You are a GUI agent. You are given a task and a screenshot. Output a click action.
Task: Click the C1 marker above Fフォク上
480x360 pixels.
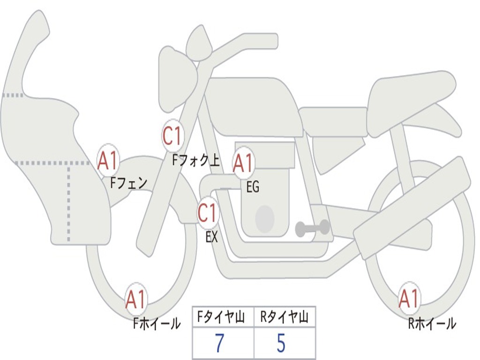(173, 136)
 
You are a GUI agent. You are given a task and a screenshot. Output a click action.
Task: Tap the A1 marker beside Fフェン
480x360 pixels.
(108, 161)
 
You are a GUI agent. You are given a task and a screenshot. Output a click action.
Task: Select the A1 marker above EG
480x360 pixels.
(243, 163)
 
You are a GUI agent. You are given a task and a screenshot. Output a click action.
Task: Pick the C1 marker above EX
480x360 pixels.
(208, 212)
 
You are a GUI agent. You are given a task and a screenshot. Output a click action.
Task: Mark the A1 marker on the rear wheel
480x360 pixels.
(409, 299)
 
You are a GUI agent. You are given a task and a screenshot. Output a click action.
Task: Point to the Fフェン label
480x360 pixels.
(129, 183)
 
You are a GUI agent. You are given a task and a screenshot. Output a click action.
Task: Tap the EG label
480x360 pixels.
(253, 187)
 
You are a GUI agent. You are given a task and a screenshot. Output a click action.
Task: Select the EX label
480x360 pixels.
(211, 237)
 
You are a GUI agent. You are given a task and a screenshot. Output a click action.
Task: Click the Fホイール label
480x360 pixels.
(157, 323)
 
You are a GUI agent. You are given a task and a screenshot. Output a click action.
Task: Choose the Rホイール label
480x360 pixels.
(432, 323)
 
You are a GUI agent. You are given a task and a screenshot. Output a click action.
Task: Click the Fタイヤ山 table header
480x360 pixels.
(221, 317)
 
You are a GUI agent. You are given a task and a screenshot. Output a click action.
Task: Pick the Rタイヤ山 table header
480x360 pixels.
(284, 317)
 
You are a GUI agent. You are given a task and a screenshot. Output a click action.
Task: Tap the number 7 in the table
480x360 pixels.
(219, 343)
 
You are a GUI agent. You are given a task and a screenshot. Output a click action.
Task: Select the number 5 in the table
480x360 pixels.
(281, 343)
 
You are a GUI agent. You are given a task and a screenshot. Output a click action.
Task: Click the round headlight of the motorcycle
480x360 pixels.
(178, 79)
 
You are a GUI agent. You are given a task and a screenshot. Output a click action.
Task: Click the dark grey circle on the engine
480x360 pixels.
(265, 218)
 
